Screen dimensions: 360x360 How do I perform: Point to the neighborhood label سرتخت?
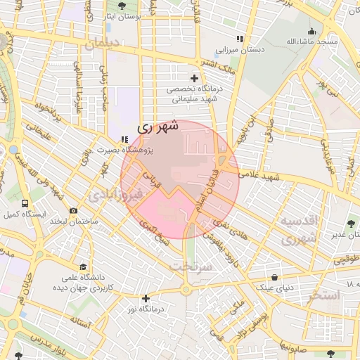click(x=191, y=266)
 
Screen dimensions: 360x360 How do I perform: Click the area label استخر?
click(x=323, y=295)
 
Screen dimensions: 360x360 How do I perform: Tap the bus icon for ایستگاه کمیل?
click(x=26, y=202)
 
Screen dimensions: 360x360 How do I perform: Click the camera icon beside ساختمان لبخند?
click(x=74, y=210)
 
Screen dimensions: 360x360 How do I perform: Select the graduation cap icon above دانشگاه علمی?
click(x=84, y=267)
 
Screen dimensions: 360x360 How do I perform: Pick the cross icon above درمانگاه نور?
click(x=146, y=298)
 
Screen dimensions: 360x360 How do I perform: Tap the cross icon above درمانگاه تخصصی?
click(x=194, y=78)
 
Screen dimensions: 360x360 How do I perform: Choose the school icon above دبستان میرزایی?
click(x=240, y=39)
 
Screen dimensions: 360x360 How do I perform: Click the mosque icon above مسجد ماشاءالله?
click(x=311, y=31)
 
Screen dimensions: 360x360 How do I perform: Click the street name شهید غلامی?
click(x=264, y=177)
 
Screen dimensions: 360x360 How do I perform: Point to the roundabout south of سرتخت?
click(x=186, y=290)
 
